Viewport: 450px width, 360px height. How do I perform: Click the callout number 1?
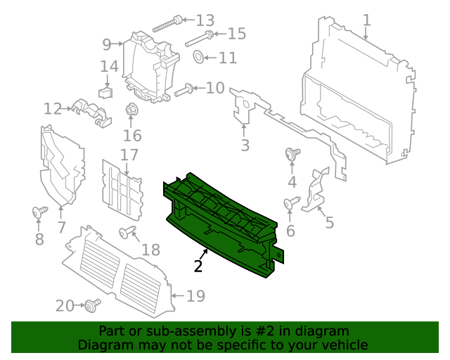click(x=367, y=20)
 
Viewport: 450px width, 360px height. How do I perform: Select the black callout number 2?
click(x=198, y=266)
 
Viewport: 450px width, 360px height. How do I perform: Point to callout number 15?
click(x=236, y=34)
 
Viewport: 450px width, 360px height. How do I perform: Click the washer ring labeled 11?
click(x=198, y=56)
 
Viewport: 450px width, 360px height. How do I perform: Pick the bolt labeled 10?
click(x=185, y=89)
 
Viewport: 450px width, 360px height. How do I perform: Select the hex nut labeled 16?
click(x=131, y=110)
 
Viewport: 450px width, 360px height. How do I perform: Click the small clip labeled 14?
click(x=105, y=90)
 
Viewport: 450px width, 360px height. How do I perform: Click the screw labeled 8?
click(x=39, y=210)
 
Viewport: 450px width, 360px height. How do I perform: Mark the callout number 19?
click(x=195, y=296)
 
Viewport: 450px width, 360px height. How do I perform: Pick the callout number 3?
click(x=245, y=146)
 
